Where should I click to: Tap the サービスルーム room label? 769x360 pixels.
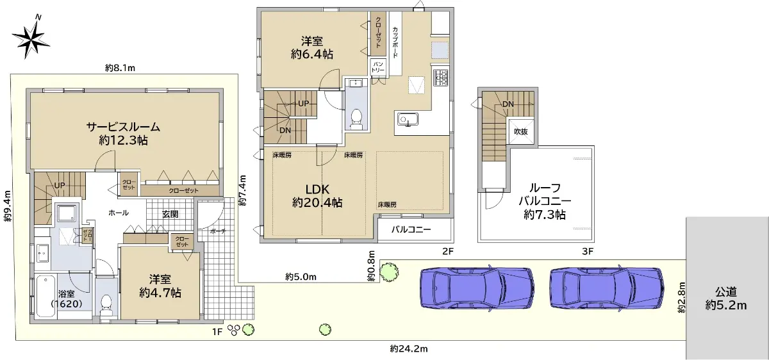point(123,127)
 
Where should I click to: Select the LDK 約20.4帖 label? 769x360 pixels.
point(317,195)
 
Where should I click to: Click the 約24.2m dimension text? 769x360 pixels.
point(409,349)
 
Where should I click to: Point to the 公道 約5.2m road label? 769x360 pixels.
point(725,299)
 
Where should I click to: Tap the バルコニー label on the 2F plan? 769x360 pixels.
point(411,229)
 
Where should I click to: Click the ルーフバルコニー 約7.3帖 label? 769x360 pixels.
point(545,201)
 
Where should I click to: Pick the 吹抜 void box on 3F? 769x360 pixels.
point(521,131)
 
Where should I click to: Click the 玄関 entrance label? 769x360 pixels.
point(170,214)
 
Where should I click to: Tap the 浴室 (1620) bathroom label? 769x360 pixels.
point(66,299)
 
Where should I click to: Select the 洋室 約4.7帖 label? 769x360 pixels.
point(160,286)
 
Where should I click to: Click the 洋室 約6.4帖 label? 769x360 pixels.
point(311,47)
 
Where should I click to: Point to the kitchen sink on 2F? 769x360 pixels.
point(408,120)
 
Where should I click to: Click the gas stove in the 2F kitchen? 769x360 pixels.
point(441,78)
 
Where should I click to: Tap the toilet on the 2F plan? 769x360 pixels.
point(357,119)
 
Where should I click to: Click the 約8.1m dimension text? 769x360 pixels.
point(120,68)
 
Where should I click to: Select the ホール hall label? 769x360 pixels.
point(119,213)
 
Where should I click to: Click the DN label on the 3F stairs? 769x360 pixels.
point(508,104)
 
